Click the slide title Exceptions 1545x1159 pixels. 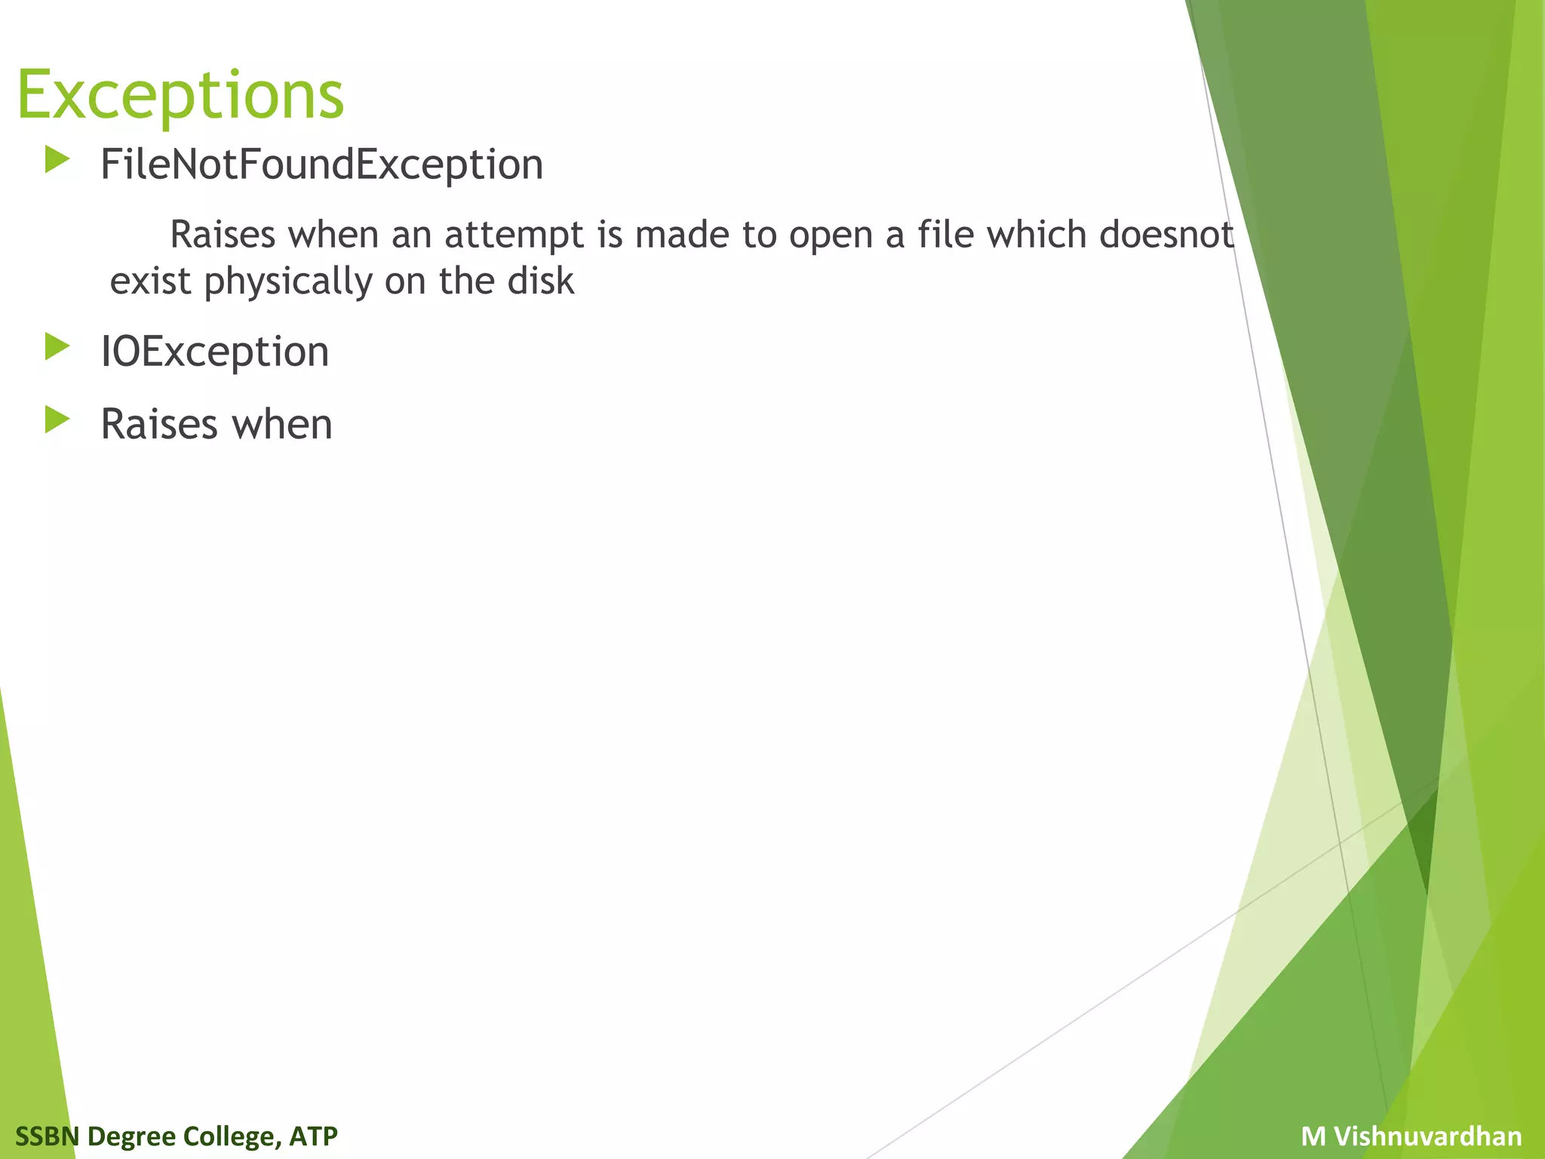(x=180, y=96)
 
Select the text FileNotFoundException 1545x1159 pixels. (x=321, y=164)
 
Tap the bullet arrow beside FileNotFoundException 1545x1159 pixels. (x=57, y=159)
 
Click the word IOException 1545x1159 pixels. (x=215, y=352)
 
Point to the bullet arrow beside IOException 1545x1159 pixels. (x=57, y=346)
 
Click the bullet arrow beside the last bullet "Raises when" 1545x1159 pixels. (x=57, y=419)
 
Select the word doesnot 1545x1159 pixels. (x=1166, y=235)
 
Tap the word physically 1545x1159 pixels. (x=288, y=282)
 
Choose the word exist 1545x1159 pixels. (x=150, y=281)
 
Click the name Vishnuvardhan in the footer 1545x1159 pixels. (x=1427, y=1136)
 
